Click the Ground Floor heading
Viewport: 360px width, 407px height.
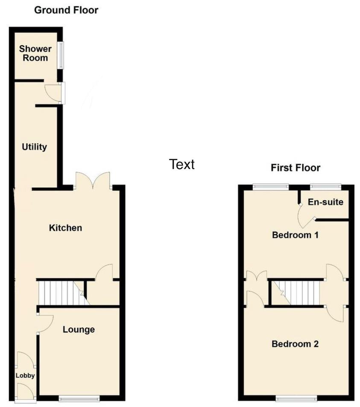66,10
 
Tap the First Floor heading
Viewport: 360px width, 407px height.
296,168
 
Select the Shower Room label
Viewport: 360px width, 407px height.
35,53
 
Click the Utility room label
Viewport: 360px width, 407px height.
35,147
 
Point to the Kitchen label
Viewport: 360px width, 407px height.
65,228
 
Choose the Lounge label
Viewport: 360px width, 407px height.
79,330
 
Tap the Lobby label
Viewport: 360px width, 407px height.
25,375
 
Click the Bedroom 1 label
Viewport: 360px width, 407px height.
295,235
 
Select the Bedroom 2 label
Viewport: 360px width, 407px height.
295,344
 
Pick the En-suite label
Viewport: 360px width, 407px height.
325,202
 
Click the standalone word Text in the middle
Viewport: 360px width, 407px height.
181,164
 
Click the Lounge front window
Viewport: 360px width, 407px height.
79,398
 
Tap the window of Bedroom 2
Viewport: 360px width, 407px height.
296,398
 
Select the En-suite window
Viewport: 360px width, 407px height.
325,186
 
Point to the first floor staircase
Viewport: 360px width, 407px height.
296,293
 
